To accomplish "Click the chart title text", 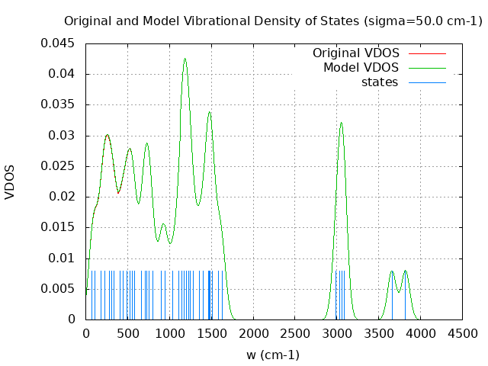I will pos(273,21).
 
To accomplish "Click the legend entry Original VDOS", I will pos(355,53).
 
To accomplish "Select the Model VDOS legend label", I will pos(361,68).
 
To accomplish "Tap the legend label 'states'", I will pos(380,82).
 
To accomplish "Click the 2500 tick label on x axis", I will pos(294,333).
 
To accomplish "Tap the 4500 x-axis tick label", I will pos(462,333).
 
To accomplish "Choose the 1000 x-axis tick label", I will pos(169,333).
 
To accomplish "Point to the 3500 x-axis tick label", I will pos(378,333).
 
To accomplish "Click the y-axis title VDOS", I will pos(10,181).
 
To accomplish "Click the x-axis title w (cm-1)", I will pos(273,355).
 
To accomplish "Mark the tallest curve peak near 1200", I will pos(185,59).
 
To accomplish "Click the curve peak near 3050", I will pos(341,123).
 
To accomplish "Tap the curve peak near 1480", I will pos(209,112).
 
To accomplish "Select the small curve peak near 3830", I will pos(405,271).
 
